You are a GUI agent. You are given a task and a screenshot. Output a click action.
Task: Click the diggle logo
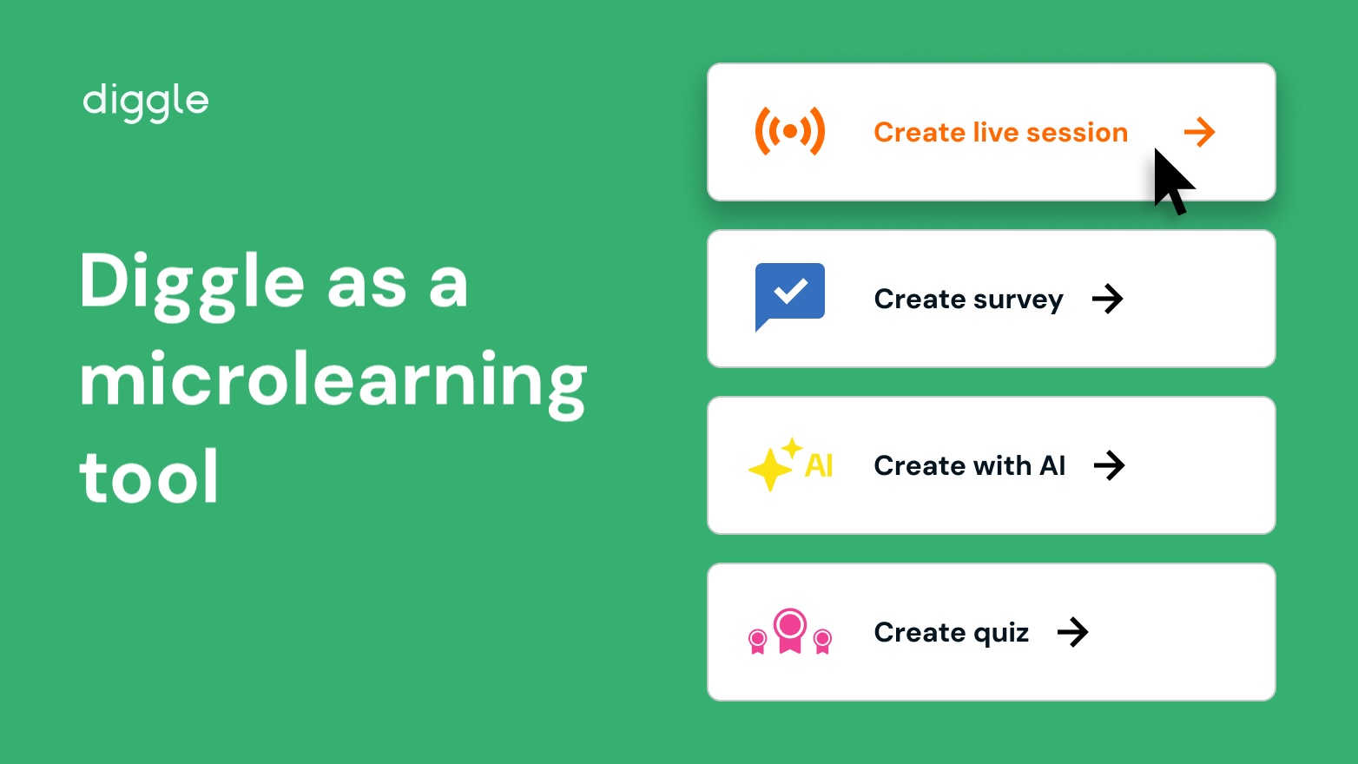tap(146, 103)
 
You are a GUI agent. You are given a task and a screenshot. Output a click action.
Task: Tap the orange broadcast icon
tap(789, 131)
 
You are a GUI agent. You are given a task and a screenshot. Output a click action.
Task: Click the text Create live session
tap(1000, 132)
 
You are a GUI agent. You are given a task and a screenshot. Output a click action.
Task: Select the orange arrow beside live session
tap(1200, 132)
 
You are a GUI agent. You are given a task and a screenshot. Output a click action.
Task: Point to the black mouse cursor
tap(1171, 181)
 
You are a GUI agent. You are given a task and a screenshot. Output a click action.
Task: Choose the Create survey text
tap(968, 300)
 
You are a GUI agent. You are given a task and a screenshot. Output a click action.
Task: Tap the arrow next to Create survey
tap(1108, 299)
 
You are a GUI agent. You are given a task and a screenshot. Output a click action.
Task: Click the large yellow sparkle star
tap(770, 469)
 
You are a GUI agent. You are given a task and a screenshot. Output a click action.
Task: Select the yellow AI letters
tap(819, 465)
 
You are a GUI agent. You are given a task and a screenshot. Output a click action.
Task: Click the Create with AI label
tap(969, 465)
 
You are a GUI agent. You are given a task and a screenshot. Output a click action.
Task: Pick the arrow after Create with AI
tap(1110, 465)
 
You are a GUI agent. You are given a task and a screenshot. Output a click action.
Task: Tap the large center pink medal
tap(790, 630)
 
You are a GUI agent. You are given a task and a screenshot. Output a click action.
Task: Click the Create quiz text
tap(951, 633)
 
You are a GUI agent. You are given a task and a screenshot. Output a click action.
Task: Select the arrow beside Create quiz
tap(1073, 632)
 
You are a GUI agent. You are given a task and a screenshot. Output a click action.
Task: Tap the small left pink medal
tap(757, 642)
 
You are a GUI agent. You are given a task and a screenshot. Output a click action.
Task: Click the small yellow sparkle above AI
tap(792, 449)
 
